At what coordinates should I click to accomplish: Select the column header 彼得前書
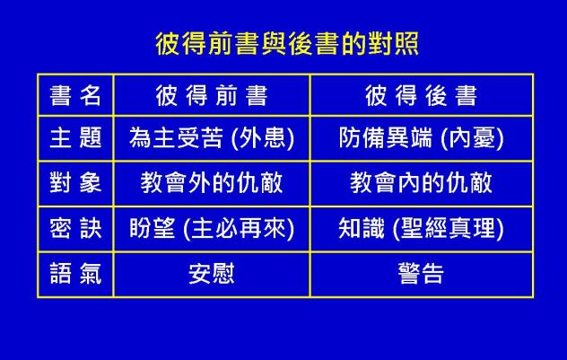point(212,95)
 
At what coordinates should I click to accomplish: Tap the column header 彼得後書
point(421,95)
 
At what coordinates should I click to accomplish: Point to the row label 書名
point(75,95)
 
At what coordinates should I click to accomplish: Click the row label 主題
point(75,138)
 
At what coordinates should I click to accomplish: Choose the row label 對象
point(75,183)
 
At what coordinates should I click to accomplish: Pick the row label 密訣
point(75,228)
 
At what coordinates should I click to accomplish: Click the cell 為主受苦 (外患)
point(212,138)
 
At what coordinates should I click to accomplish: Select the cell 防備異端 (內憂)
point(421,138)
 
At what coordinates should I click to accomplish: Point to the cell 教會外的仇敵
point(212,183)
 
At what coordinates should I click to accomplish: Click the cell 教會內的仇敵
point(421,183)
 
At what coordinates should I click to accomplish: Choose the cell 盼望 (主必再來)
point(212,228)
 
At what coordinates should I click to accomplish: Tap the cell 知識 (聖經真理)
point(421,228)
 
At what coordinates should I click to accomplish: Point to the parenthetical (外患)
point(264,138)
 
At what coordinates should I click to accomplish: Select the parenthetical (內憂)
point(473,138)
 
